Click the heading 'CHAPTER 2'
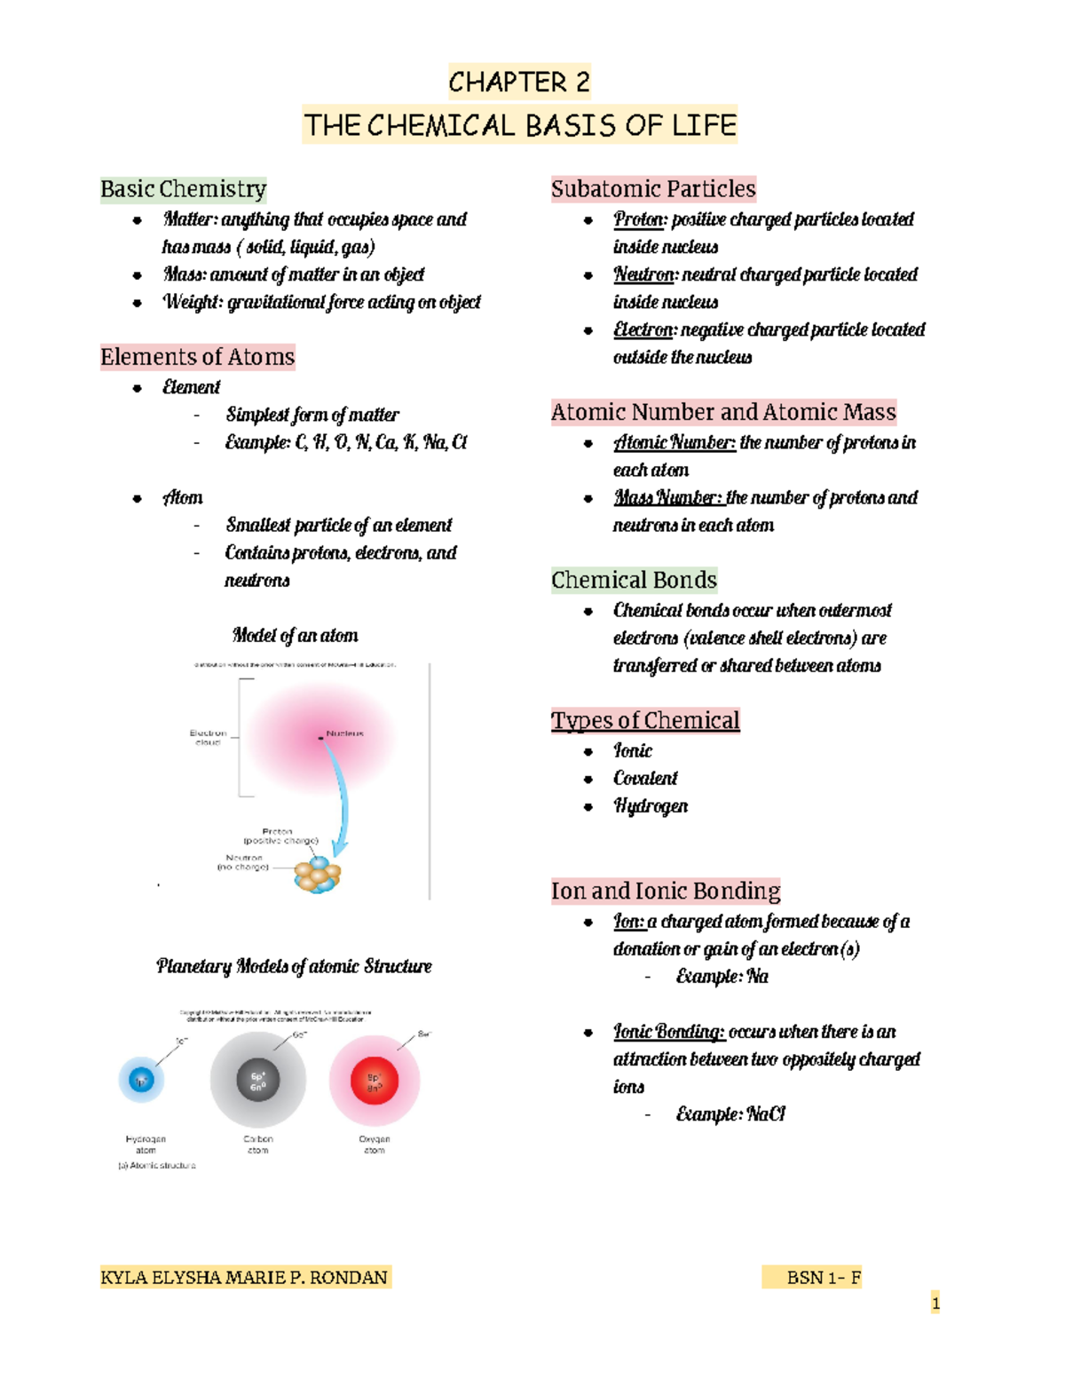[518, 83]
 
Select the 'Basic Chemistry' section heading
[183, 189]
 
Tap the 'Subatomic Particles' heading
[653, 189]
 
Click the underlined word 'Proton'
[639, 219]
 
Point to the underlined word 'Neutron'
[644, 274]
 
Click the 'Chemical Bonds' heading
[634, 580]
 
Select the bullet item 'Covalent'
[645, 778]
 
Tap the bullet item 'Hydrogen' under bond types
[651, 805]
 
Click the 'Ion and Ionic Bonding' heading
[666, 891]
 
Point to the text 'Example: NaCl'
[730, 1114]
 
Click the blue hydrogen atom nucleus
[141, 1080]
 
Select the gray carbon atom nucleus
[258, 1081]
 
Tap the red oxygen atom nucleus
[375, 1081]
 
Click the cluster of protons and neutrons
[318, 875]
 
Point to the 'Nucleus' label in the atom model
[344, 733]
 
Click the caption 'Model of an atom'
[295, 635]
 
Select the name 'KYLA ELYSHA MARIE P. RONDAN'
[244, 1277]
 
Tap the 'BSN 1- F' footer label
[824, 1277]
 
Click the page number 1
[935, 1303]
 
